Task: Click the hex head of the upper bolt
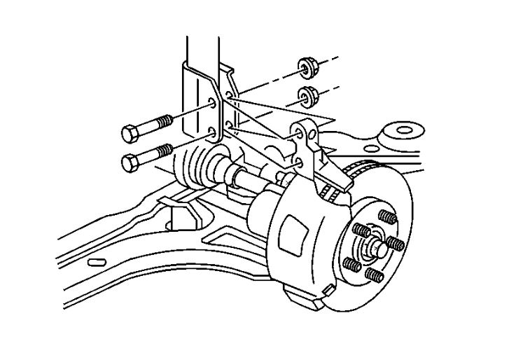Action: [130, 132]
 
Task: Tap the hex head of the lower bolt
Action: [130, 162]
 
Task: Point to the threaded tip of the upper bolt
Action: [165, 120]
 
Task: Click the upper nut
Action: [305, 67]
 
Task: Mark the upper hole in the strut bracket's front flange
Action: [211, 106]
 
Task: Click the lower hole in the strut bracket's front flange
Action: [211, 132]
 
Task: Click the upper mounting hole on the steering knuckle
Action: [299, 132]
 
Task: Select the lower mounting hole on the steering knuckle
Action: [299, 162]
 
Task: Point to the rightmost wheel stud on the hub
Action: [396, 243]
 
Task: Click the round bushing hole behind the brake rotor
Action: [405, 130]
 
